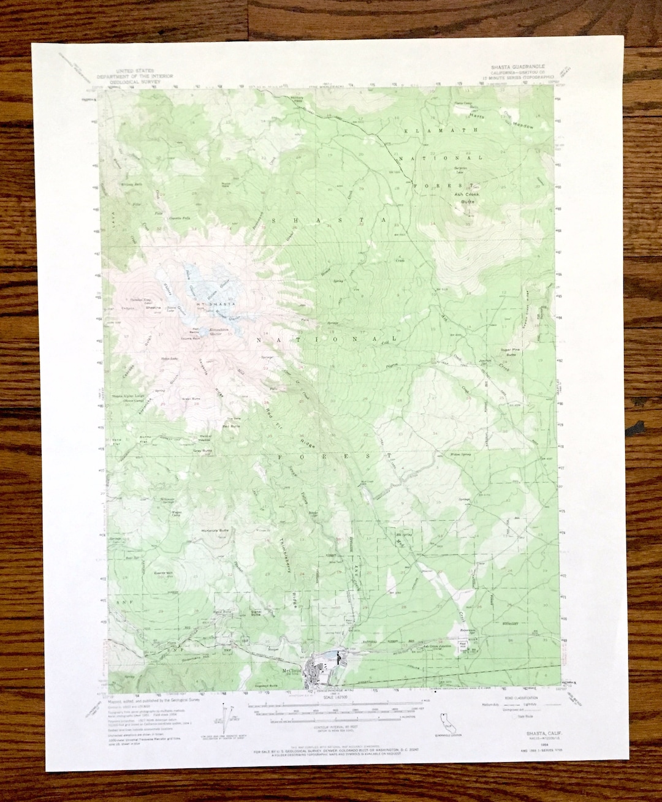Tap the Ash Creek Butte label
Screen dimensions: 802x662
[x=467, y=197]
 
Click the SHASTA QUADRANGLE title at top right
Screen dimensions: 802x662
[x=517, y=66]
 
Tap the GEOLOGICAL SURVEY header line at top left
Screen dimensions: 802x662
[x=135, y=81]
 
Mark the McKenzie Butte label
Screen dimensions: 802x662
[x=215, y=530]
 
